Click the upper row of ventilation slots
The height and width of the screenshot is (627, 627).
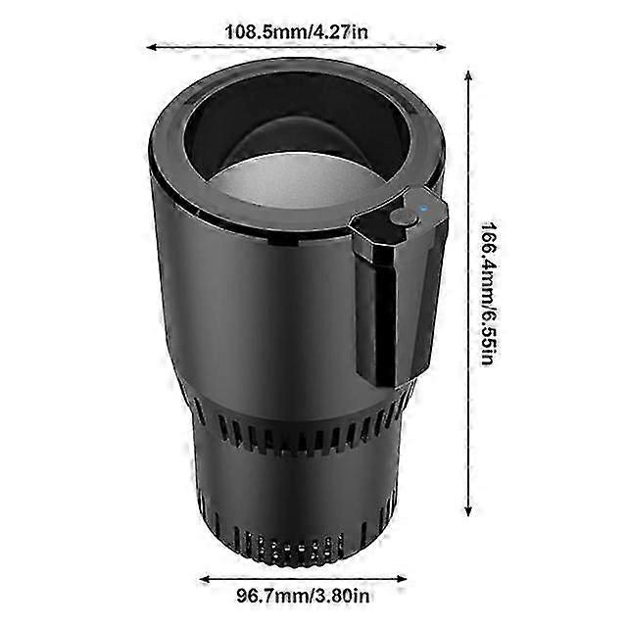click(294, 431)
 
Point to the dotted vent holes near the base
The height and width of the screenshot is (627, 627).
click(294, 549)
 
